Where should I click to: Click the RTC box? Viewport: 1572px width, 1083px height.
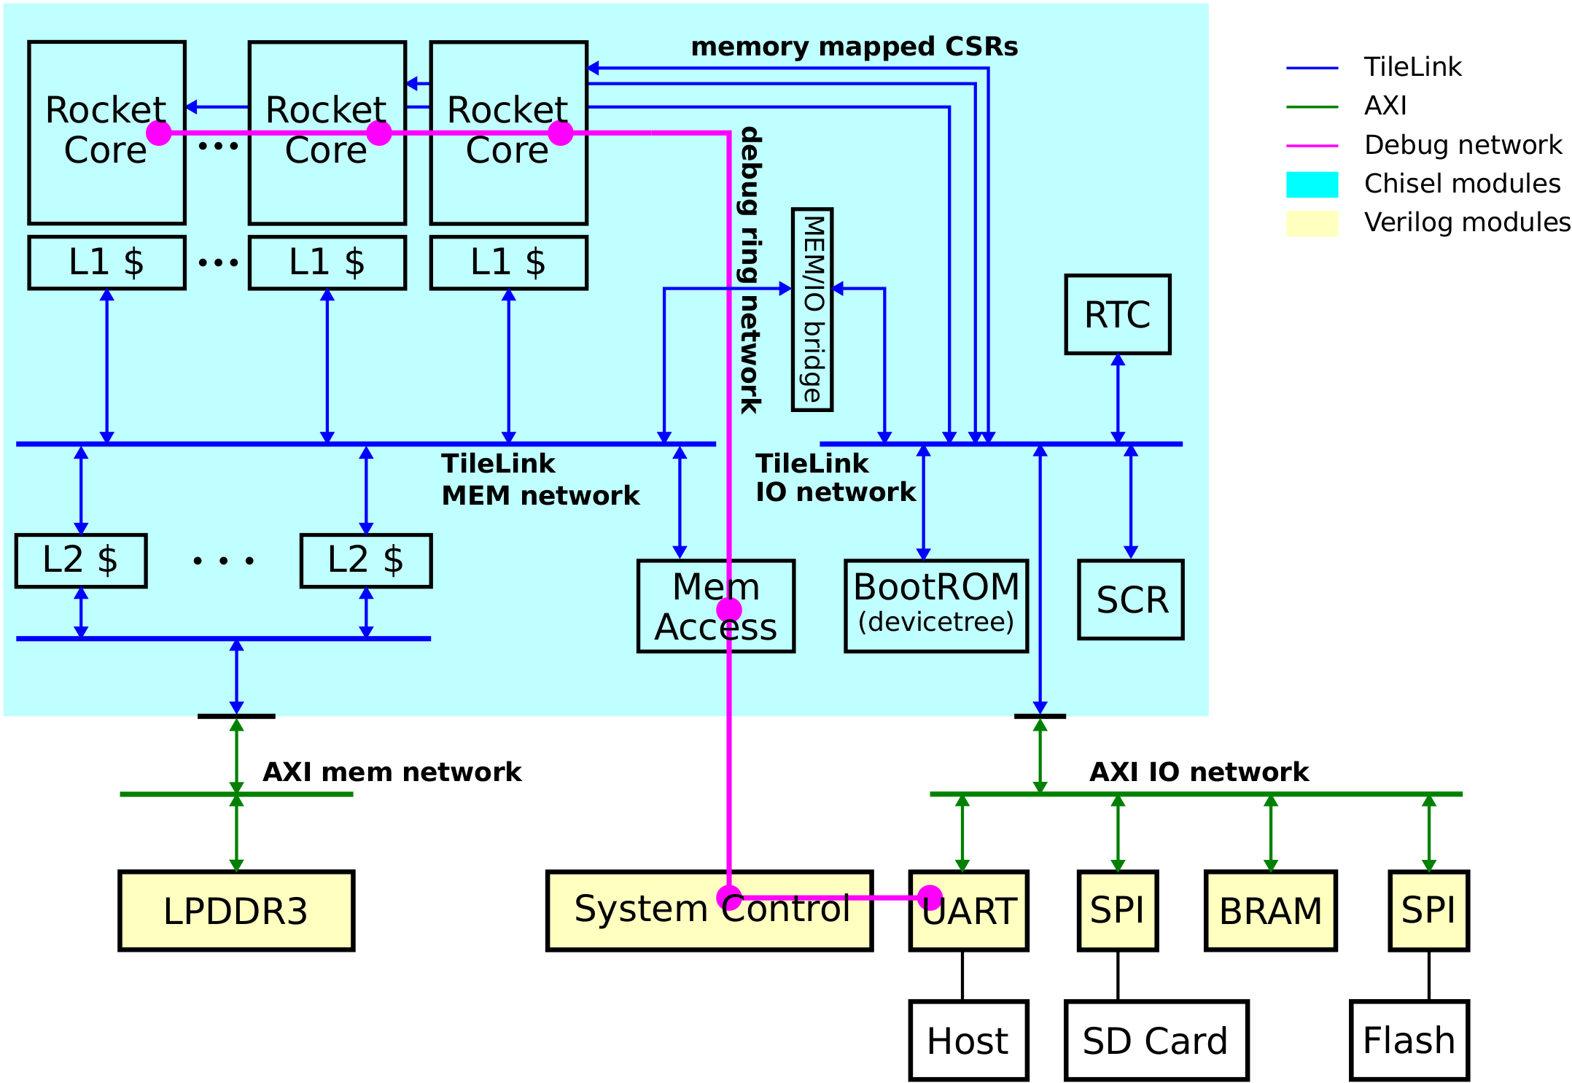coord(1117,314)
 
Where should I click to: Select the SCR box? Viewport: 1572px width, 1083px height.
coord(1131,599)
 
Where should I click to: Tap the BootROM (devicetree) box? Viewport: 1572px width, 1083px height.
coord(936,605)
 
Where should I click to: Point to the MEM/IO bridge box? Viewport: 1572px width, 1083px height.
coord(812,309)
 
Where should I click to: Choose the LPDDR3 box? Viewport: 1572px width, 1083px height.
coord(236,910)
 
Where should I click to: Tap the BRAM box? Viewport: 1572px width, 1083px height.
coord(1270,910)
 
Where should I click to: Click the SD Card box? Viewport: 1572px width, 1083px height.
coord(1156,1040)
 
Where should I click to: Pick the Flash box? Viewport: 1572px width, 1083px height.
coord(1409,1040)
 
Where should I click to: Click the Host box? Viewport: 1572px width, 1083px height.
coord(968,1040)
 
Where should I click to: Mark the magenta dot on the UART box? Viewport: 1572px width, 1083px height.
coord(930,898)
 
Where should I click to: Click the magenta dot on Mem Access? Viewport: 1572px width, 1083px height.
coord(729,610)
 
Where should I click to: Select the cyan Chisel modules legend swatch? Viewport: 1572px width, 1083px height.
coord(1312,185)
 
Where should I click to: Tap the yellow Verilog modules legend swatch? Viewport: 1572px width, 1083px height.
coord(1312,223)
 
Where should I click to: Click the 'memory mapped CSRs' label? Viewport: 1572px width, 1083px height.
coord(854,47)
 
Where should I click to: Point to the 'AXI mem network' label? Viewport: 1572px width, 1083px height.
coord(392,772)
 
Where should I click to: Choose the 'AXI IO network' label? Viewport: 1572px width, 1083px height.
coord(1199,772)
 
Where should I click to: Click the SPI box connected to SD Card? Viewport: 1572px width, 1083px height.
coord(1118,910)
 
